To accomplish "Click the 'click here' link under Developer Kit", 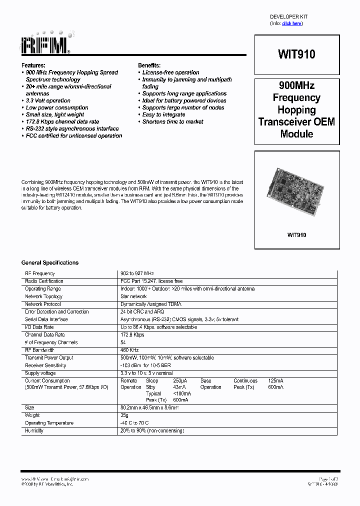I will [x=292, y=23].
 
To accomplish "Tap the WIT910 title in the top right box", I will [x=296, y=54].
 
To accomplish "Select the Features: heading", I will [x=33, y=65].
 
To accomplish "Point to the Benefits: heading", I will [x=149, y=65].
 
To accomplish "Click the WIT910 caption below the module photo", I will [x=296, y=234].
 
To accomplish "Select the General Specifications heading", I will [x=50, y=262].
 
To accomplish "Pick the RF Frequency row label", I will [x=40, y=273].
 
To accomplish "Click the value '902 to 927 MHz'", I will [x=137, y=273].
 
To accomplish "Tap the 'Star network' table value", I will [x=133, y=296].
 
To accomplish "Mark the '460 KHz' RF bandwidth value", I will [x=129, y=350].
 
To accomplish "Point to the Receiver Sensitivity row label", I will [x=45, y=365].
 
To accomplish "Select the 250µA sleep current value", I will [x=180, y=381].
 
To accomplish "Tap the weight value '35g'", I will [x=124, y=415].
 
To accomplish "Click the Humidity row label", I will [x=34, y=430].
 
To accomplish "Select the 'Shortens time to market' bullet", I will [x=172, y=121].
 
